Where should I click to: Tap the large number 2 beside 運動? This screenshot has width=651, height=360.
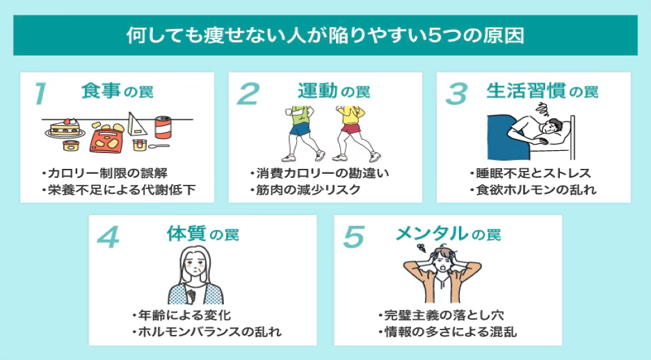248,94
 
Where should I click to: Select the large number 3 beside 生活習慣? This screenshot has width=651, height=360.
456,94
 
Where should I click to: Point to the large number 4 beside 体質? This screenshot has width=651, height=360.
108,237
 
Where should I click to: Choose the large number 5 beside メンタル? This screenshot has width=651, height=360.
354,237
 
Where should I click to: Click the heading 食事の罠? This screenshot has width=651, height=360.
117,91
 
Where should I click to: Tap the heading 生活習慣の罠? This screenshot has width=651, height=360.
542,91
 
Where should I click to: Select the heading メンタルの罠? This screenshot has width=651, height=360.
447,234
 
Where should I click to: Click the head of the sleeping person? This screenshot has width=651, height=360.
553,129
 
